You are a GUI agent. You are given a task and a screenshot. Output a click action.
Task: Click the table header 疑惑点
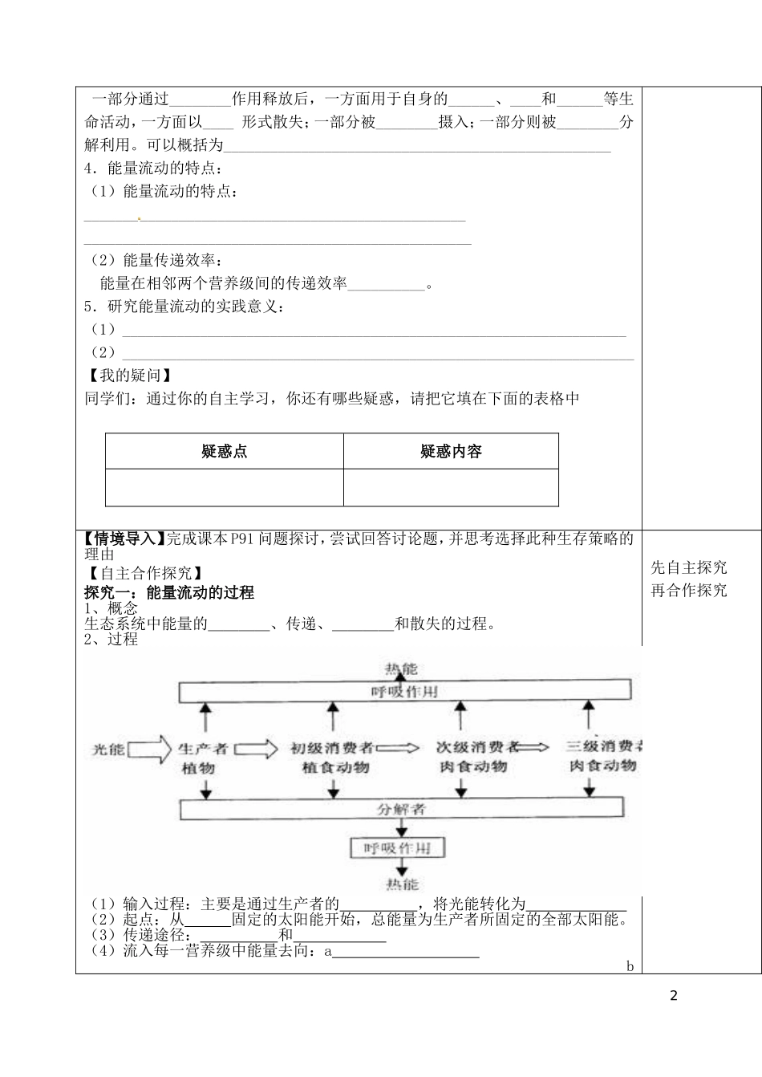pyautogui.click(x=225, y=452)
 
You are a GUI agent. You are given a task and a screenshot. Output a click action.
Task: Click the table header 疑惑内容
pyautogui.click(x=451, y=452)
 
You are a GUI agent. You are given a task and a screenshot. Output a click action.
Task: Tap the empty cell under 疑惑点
pyautogui.click(x=225, y=488)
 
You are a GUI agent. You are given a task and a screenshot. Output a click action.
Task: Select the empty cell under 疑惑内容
pyautogui.click(x=451, y=488)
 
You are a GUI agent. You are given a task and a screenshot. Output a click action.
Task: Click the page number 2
pyautogui.click(x=673, y=996)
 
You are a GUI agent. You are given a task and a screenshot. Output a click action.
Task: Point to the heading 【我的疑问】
pyautogui.click(x=128, y=376)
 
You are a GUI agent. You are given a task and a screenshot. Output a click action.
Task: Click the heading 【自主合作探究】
pyautogui.click(x=144, y=573)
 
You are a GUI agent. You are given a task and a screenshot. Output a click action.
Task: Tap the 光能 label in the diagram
pyautogui.click(x=108, y=749)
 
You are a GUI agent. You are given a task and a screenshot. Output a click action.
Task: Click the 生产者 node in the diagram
pyautogui.click(x=203, y=749)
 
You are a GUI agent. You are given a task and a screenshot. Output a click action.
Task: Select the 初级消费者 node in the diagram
pyautogui.click(x=331, y=749)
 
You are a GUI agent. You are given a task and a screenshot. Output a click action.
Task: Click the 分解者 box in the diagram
pyautogui.click(x=401, y=809)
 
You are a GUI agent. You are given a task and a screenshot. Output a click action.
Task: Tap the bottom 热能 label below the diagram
pyautogui.click(x=401, y=884)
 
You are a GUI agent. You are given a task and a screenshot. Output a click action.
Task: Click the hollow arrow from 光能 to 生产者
pyautogui.click(x=150, y=749)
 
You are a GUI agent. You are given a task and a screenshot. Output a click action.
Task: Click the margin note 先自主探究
pyautogui.click(x=689, y=567)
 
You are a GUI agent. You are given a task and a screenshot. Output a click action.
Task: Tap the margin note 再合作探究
pyautogui.click(x=689, y=591)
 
